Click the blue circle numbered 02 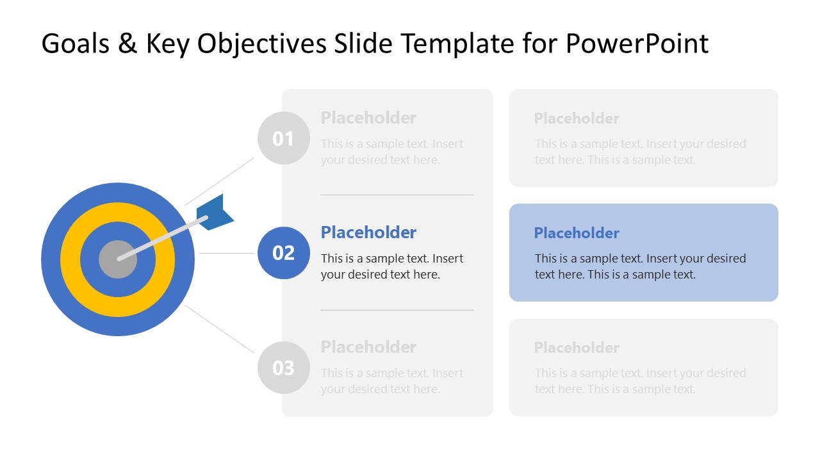click(x=283, y=253)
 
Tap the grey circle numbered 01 click(x=283, y=138)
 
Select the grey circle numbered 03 click(x=283, y=368)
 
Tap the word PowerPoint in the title click(x=637, y=44)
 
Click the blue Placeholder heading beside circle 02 click(x=368, y=232)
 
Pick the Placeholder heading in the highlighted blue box click(x=577, y=233)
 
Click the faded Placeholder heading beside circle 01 click(x=368, y=118)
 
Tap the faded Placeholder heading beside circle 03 click(x=368, y=347)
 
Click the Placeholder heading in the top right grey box click(x=577, y=118)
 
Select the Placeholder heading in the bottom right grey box click(x=577, y=348)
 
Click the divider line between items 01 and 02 click(x=397, y=195)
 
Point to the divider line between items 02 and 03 click(x=397, y=310)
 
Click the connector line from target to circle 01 click(x=220, y=181)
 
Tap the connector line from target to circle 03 click(x=220, y=328)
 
